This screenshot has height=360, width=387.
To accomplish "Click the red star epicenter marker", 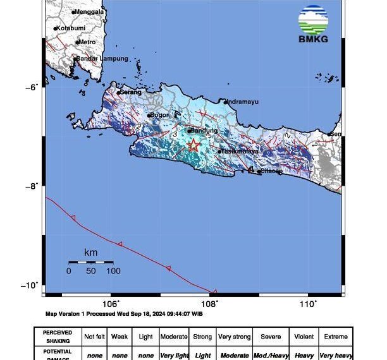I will click(x=193, y=145).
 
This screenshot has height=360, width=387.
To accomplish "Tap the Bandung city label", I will click(x=204, y=131).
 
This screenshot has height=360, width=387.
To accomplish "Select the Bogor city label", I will click(x=161, y=115).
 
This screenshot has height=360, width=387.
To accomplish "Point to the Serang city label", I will click(x=130, y=92).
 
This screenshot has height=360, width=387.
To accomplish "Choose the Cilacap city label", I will click(x=271, y=171).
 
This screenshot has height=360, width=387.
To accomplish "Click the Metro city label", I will click(x=87, y=42).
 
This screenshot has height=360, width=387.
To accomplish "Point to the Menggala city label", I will click(x=89, y=11).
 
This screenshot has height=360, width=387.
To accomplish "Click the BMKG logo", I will click(x=314, y=25).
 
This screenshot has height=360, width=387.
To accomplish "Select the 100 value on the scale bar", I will click(x=113, y=271).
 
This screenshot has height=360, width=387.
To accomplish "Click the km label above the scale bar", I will click(x=90, y=253).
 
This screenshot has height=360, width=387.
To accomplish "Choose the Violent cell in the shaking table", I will click(x=304, y=337).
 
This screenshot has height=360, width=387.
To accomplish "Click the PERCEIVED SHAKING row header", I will click(x=57, y=336).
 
